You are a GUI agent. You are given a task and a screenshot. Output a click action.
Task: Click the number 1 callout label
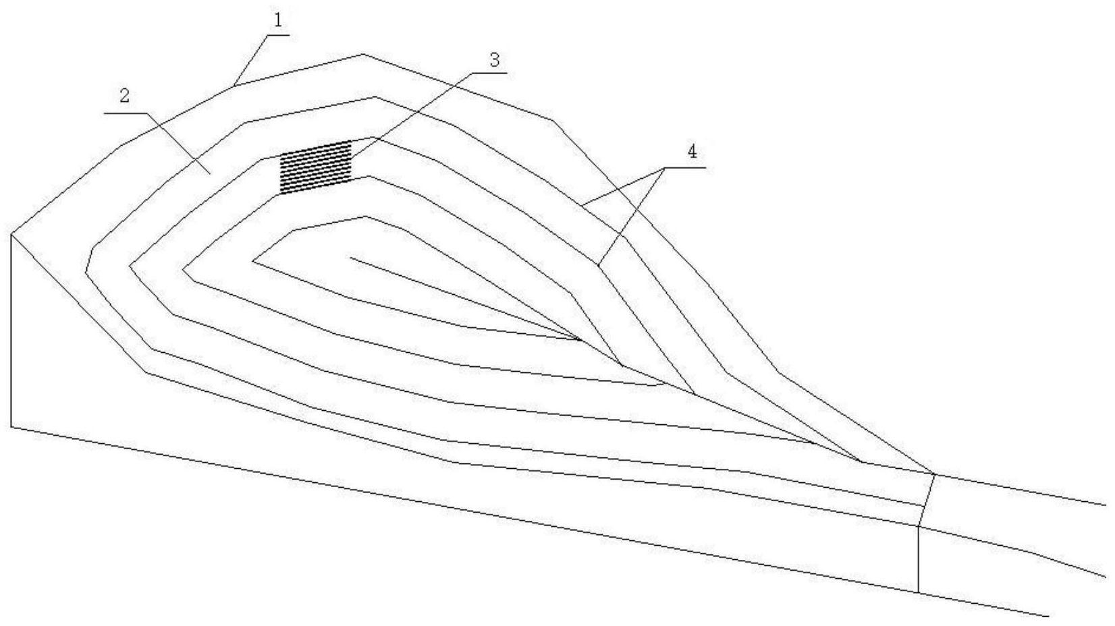tap(278, 20)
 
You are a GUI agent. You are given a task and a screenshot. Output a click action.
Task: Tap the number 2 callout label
tap(124, 96)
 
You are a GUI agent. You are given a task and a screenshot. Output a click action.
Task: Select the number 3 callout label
tap(494, 60)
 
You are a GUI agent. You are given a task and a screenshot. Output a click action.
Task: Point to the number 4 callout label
tap(692, 152)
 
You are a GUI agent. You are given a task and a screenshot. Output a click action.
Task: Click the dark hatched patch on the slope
tap(316, 167)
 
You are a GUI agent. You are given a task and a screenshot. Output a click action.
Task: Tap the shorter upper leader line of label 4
tap(622, 187)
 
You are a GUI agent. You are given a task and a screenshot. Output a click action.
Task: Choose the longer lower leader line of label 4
tap(631, 217)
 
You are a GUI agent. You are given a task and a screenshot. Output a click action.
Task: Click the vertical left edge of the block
tap(11, 331)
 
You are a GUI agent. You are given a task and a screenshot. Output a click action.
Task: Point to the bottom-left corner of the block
tap(11, 426)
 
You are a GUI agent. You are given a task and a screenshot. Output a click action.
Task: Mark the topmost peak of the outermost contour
tap(362, 54)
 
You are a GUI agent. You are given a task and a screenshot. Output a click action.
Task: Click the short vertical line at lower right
tap(919, 559)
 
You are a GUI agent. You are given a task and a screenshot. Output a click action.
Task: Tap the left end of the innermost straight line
tap(351, 258)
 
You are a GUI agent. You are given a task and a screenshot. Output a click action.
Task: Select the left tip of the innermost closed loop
tap(253, 260)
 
